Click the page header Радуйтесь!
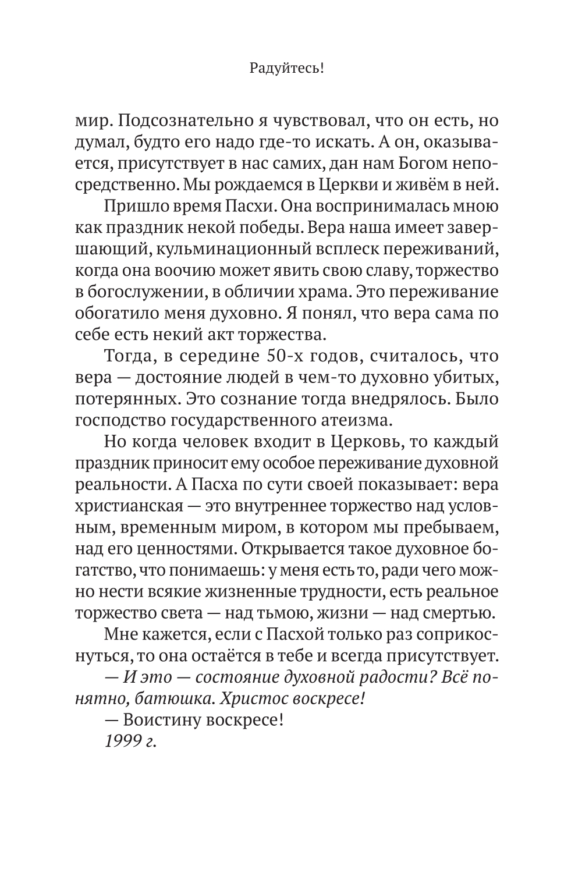286,69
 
